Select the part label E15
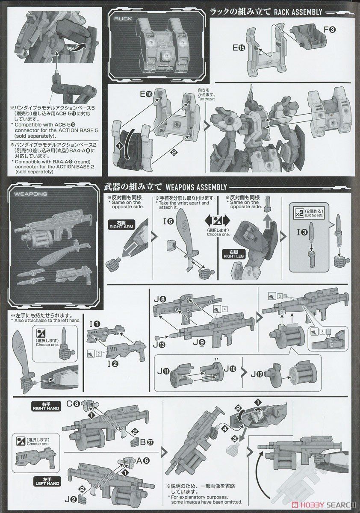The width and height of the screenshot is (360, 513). (239, 48)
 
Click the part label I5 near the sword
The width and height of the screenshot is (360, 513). (168, 221)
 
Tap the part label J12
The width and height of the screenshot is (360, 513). (257, 373)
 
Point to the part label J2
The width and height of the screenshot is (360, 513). (71, 498)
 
